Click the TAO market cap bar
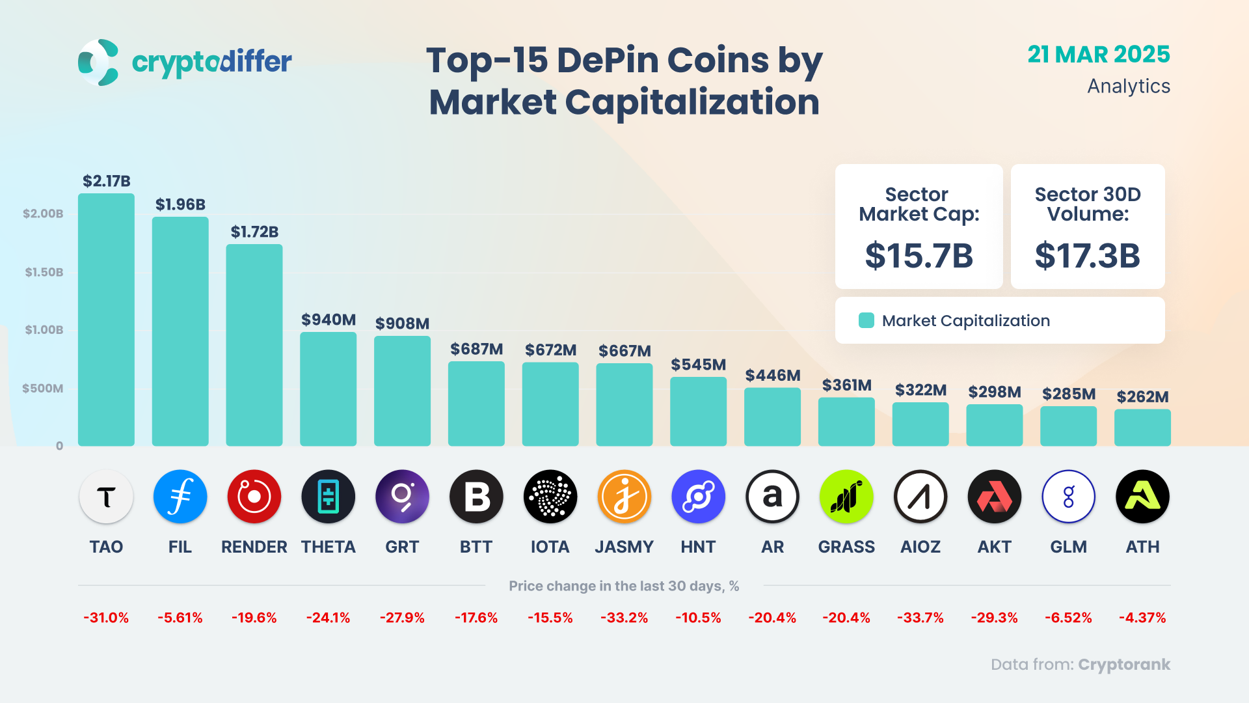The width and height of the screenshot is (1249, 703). click(x=106, y=319)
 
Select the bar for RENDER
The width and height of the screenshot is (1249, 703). click(x=254, y=345)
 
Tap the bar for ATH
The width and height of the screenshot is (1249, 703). click(x=1142, y=428)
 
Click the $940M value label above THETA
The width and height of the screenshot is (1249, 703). click(x=328, y=320)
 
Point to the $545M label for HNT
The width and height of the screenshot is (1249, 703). click(x=698, y=365)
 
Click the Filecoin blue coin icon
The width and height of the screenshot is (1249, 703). click(x=180, y=497)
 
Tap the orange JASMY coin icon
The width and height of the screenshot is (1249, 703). click(x=624, y=497)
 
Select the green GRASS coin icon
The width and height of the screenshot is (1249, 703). click(x=846, y=497)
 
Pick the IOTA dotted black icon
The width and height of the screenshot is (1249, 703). click(x=550, y=497)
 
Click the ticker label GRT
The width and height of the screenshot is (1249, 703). click(x=402, y=547)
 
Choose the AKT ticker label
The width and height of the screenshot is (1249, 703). click(x=994, y=547)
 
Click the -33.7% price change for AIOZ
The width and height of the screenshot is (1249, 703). click(x=920, y=618)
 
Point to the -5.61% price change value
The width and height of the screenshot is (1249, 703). click(x=180, y=618)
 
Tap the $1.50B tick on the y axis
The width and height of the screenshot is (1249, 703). click(x=44, y=272)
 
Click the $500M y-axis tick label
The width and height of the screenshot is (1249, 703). click(x=43, y=389)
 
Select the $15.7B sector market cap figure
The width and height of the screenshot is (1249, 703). click(x=919, y=255)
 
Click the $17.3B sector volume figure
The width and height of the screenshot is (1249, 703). click(x=1087, y=255)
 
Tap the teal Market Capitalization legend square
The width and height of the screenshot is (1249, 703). click(x=866, y=320)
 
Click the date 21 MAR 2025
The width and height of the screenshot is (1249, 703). click(x=1098, y=55)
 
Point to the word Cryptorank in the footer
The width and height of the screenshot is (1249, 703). click(x=1123, y=665)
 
